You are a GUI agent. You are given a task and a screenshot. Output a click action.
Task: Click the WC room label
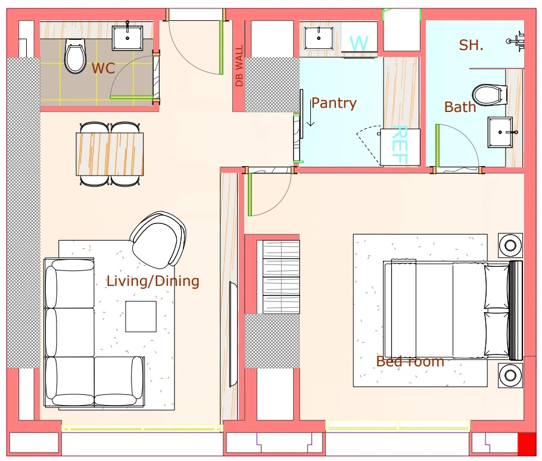pyautogui.click(x=103, y=68)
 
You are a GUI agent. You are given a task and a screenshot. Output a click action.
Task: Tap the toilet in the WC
pyautogui.click(x=75, y=56)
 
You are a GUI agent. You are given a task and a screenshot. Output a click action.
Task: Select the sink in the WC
pyautogui.click(x=127, y=38)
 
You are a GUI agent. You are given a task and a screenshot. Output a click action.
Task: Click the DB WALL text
pyautogui.click(x=239, y=66)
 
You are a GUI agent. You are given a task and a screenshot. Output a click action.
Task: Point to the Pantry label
pyautogui.click(x=334, y=103)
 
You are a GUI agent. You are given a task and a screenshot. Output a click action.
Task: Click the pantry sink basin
pyautogui.click(x=319, y=38)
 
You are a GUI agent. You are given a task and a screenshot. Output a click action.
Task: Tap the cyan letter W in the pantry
pyautogui.click(x=359, y=43)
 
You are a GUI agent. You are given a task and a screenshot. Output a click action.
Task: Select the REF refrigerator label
pyautogui.click(x=400, y=145)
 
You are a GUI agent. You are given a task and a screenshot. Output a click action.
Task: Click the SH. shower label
pyautogui.click(x=471, y=45)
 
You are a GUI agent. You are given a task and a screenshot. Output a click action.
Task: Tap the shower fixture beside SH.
pyautogui.click(x=516, y=41)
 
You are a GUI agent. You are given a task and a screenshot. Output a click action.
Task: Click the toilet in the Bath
pyautogui.click(x=487, y=95)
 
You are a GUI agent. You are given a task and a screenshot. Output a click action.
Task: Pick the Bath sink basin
pyautogui.click(x=500, y=132)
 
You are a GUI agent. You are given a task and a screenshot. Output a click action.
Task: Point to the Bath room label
pyautogui.click(x=460, y=107)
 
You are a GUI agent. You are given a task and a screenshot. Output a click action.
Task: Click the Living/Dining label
pyautogui.click(x=153, y=281)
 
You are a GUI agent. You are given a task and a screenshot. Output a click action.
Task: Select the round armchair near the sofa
pyautogui.click(x=158, y=240)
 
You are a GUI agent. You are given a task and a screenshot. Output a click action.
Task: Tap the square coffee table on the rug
pyautogui.click(x=141, y=316)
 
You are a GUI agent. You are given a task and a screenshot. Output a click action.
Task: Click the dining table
pyautogui.click(x=110, y=154)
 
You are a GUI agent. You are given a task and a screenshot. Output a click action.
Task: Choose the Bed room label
pyautogui.click(x=410, y=362)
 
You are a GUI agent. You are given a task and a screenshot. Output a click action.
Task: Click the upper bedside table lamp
pyautogui.click(x=510, y=245)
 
